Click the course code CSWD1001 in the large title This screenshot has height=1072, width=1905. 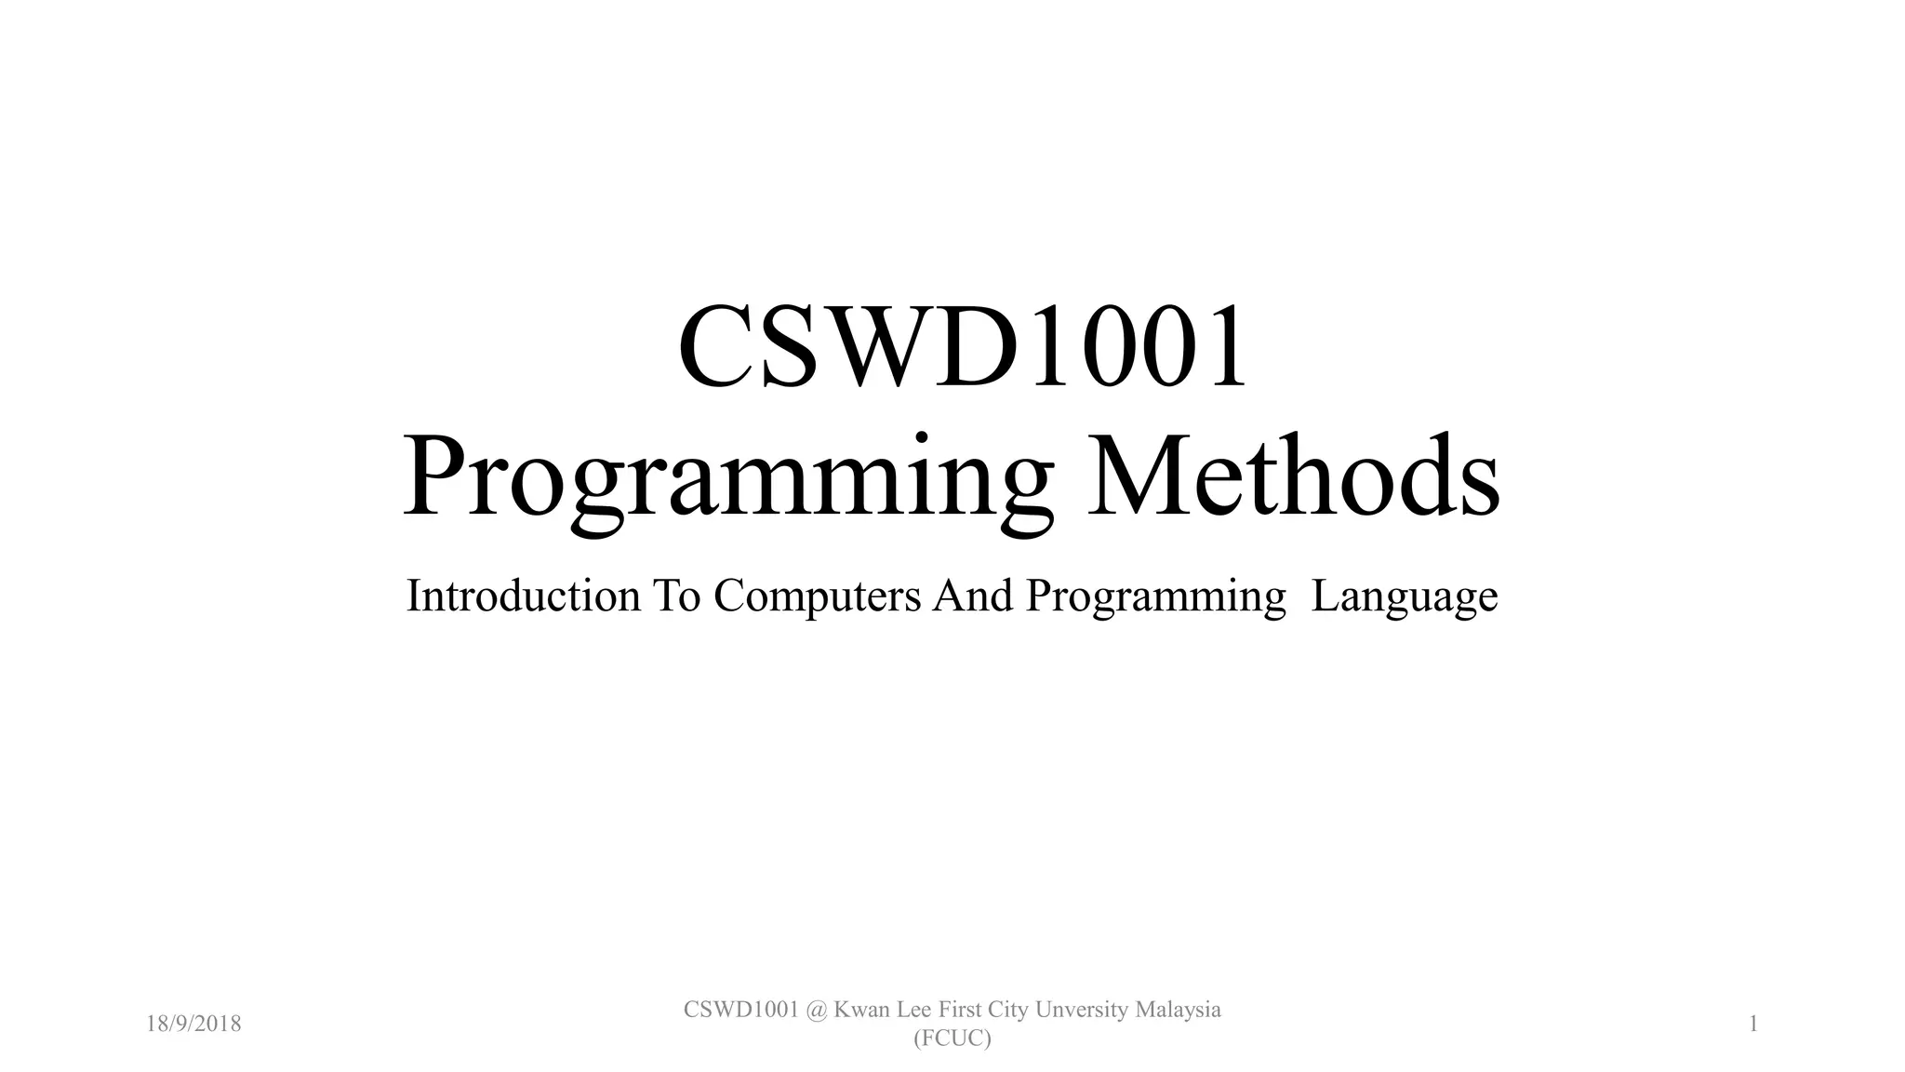[962, 348]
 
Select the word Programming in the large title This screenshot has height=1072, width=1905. [728, 478]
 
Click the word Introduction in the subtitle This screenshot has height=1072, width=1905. [523, 596]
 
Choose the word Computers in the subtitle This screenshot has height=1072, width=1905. [817, 597]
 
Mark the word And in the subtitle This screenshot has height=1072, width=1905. [973, 596]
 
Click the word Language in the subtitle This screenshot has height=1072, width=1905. [1404, 597]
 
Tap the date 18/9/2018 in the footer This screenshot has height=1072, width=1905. [193, 1025]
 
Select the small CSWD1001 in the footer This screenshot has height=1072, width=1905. [741, 1010]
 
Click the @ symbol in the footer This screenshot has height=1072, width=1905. [817, 1010]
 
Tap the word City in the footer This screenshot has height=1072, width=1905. [1007, 1011]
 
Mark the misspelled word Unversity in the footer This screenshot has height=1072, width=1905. [1084, 1011]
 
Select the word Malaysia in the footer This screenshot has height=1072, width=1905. [1179, 1011]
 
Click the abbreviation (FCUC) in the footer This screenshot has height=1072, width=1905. [952, 1038]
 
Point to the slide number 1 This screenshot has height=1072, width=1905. [1753, 1025]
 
